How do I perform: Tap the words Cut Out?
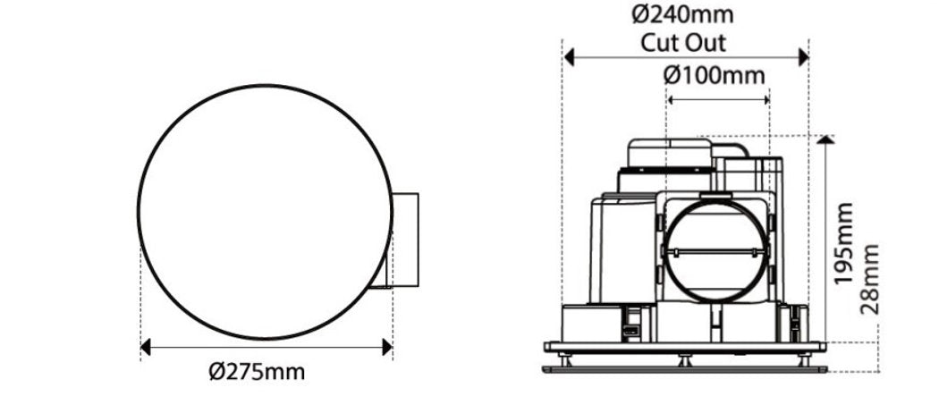click(x=683, y=42)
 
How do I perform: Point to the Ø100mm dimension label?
click(x=715, y=75)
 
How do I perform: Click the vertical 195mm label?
click(x=843, y=244)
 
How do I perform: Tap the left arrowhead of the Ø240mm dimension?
click(x=569, y=57)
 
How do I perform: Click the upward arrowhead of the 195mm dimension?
click(x=825, y=139)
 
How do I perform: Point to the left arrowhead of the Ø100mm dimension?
click(x=671, y=100)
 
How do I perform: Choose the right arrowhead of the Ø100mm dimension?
click(x=766, y=100)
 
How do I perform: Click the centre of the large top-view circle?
click(x=266, y=212)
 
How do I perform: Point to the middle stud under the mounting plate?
click(x=684, y=359)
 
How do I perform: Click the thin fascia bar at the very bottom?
click(x=684, y=368)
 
